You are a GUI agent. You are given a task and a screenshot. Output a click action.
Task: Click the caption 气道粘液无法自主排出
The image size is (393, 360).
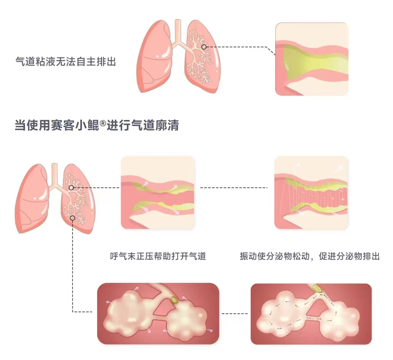[x=66, y=61]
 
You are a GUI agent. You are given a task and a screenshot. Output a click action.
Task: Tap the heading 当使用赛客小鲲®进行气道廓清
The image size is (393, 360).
[x=96, y=126]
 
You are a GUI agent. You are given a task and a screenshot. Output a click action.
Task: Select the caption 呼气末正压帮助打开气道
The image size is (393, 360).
[x=158, y=256]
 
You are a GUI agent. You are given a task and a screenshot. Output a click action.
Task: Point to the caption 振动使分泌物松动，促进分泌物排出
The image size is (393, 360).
[x=310, y=256]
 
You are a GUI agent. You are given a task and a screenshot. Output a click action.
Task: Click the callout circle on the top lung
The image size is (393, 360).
[x=204, y=47]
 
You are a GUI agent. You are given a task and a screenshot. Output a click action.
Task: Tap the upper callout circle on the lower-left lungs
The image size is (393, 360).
[x=71, y=187]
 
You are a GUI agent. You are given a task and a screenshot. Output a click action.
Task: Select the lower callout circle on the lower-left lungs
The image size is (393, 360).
[x=73, y=218]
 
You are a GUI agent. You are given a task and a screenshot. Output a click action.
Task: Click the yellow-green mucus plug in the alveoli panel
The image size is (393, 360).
[x=174, y=300]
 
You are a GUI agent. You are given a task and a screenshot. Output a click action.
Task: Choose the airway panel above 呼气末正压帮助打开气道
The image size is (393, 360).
[x=158, y=192]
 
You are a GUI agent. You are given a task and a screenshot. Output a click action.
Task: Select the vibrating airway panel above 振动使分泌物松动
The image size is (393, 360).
[x=311, y=192]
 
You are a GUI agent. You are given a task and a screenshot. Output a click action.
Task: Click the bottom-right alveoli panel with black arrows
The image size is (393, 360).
[x=311, y=314]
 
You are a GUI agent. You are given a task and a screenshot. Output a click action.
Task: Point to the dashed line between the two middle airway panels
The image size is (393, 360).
[x=234, y=187]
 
